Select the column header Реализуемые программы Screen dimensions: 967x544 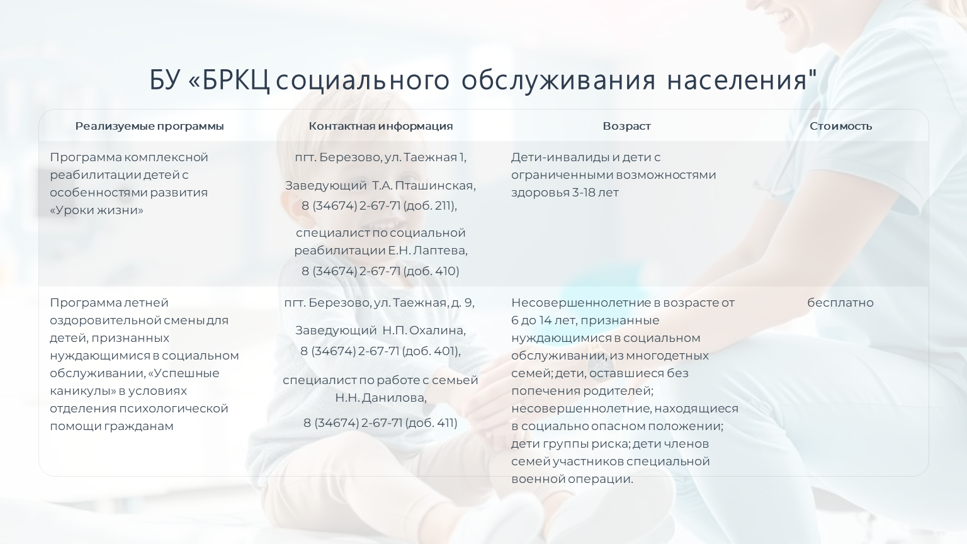point(149,126)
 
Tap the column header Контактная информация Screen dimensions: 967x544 point(381,126)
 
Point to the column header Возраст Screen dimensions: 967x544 point(627,126)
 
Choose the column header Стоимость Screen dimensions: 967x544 point(841,126)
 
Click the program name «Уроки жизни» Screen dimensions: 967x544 point(97,210)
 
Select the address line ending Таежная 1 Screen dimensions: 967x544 point(380,157)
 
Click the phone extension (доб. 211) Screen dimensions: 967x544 point(429,206)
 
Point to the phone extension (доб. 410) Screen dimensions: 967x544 point(431,271)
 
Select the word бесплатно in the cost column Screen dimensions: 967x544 point(840,303)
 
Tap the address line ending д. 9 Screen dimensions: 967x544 point(379,303)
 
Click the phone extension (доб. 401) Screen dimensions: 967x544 point(431,351)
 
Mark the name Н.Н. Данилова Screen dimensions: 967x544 point(381,398)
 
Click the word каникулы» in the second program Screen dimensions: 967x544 point(83,391)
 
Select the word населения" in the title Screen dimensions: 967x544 point(742,81)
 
